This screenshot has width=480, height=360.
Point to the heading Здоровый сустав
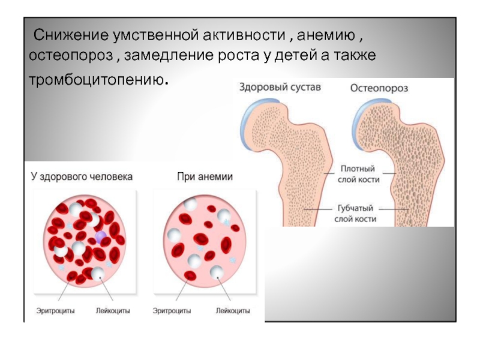(280, 88)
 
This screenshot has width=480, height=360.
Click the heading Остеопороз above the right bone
(379, 88)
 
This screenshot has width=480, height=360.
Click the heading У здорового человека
(82, 178)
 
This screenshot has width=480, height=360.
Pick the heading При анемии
(205, 178)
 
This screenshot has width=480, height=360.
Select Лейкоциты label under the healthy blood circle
(113, 311)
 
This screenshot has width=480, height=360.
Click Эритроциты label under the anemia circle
(172, 311)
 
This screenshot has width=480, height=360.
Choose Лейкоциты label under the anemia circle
(232, 311)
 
